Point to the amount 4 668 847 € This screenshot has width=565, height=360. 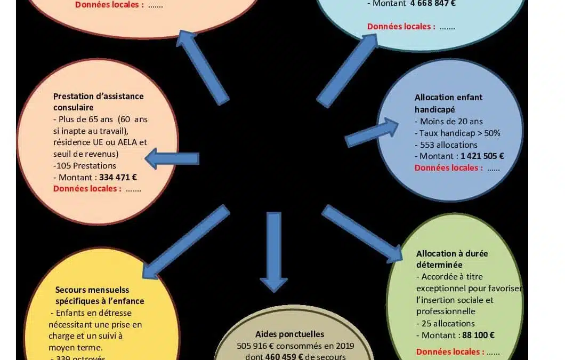(433, 4)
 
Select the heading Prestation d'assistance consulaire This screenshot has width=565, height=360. (98, 102)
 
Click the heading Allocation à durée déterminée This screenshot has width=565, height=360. (451, 259)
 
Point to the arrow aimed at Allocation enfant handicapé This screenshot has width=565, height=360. (372, 133)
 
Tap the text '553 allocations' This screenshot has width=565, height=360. (446, 145)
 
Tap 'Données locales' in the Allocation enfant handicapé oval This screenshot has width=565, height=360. (449, 168)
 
